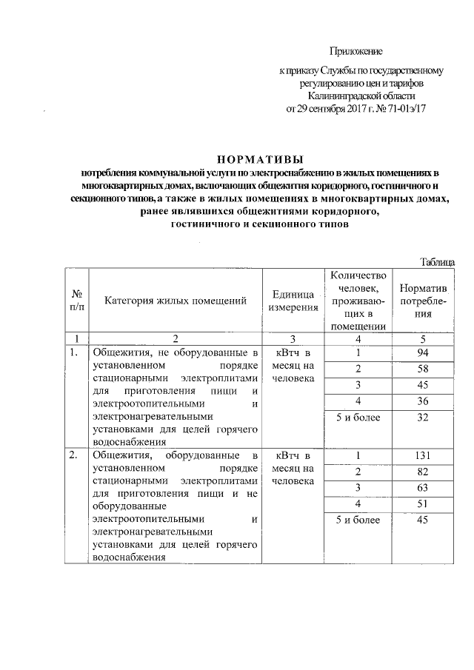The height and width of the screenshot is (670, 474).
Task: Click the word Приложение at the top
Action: [355, 51]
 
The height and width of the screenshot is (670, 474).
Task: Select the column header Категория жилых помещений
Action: [175, 301]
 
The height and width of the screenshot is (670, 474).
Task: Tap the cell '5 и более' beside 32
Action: [358, 418]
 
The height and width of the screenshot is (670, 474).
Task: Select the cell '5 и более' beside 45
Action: [358, 520]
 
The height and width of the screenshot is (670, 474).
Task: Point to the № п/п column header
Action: [76, 300]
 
